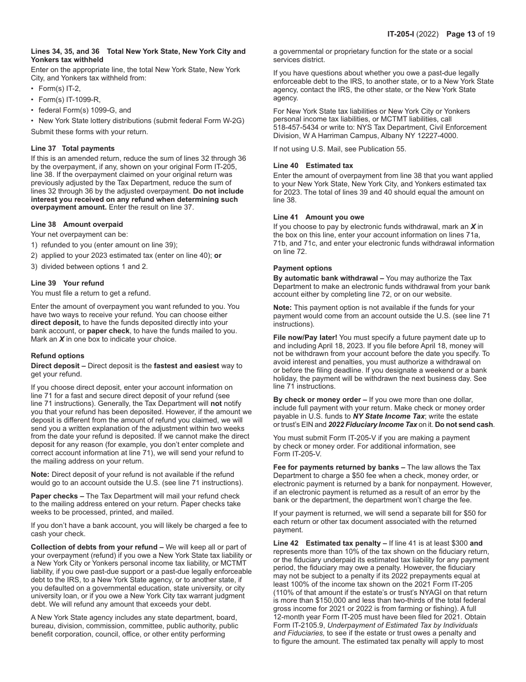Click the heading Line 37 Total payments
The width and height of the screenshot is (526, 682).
tap(73, 149)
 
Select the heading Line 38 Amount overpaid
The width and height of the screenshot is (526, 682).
tap(77, 225)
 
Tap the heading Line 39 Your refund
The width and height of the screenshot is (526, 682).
tap(67, 283)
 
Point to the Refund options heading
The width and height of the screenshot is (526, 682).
tap(58, 356)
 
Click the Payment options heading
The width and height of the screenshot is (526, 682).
tap(302, 268)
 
